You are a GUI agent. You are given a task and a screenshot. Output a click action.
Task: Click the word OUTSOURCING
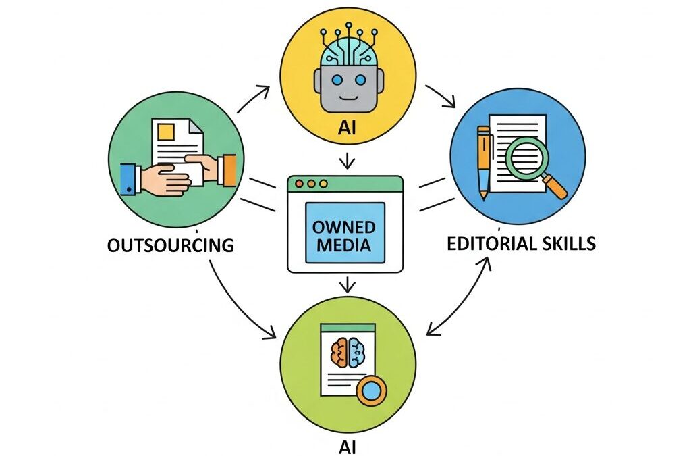(170, 245)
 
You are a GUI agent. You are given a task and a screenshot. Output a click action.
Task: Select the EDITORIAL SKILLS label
(522, 243)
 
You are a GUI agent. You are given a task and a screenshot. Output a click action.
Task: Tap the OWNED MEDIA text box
(345, 232)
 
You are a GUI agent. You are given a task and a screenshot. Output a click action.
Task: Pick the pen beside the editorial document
(484, 162)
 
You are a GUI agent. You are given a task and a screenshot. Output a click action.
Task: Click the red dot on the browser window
(300, 184)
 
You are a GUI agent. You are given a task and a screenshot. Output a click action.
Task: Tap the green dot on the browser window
(323, 184)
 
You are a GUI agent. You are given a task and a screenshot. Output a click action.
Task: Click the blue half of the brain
(356, 352)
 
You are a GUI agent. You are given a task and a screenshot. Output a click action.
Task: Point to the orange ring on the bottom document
(371, 390)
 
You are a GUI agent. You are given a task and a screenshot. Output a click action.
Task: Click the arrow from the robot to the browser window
(346, 161)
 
